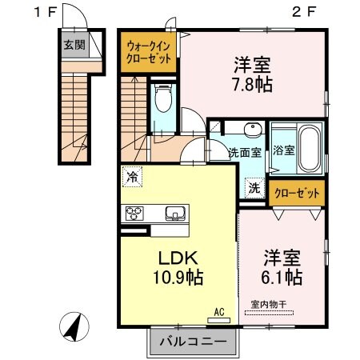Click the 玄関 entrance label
[74, 45]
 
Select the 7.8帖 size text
[254, 82]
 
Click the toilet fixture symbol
[165, 99]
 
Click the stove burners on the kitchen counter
[133, 213]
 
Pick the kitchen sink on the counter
[175, 213]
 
